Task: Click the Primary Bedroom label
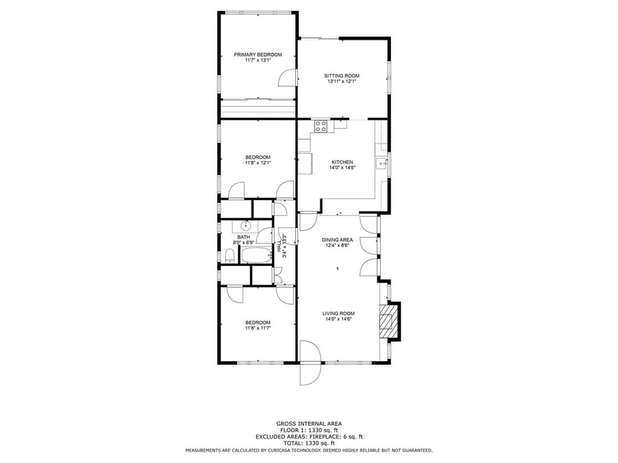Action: click(x=258, y=55)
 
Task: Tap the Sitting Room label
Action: click(x=342, y=76)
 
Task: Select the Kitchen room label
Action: click(x=342, y=162)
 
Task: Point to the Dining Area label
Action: click(x=337, y=240)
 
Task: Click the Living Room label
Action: click(x=339, y=314)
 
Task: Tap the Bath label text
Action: click(x=243, y=237)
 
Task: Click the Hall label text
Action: click(x=279, y=246)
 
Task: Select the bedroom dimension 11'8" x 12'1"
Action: click(x=258, y=162)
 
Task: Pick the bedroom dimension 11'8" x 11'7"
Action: click(x=258, y=328)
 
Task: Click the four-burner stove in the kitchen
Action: click(x=320, y=126)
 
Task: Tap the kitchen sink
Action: click(x=381, y=162)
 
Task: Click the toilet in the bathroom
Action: click(x=229, y=256)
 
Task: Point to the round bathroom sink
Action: click(x=245, y=226)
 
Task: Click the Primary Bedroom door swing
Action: click(x=287, y=78)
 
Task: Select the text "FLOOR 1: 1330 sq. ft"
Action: click(x=308, y=430)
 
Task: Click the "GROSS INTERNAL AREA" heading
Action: click(x=308, y=424)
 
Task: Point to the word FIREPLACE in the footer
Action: click(x=324, y=436)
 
